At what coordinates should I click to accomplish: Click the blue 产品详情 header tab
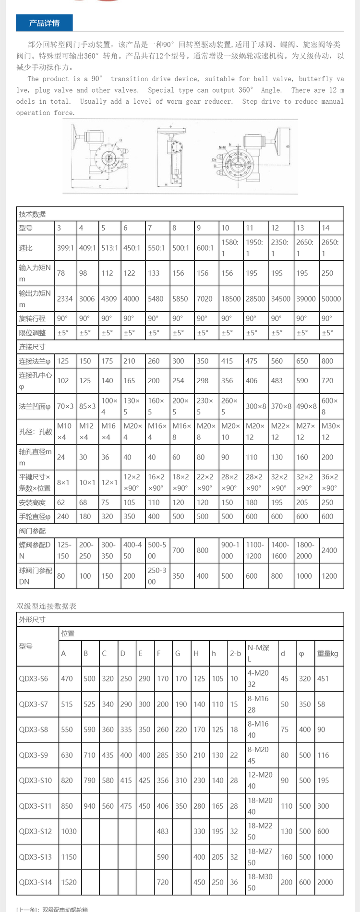coord(44,23)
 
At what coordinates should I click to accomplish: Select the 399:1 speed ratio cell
coord(65,248)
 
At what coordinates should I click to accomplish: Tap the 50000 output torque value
coord(331,299)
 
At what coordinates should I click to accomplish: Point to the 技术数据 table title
coord(33,214)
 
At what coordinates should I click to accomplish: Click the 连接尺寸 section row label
coord(32,347)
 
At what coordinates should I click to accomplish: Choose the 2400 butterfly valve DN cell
coord(329,550)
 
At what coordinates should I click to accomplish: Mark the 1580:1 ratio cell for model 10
coord(230,248)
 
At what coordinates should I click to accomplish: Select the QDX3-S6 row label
coord(34,679)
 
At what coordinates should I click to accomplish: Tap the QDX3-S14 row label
coord(35,882)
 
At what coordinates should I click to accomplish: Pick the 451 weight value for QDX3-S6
coord(323,679)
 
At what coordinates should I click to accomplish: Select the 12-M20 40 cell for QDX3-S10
coord(260,780)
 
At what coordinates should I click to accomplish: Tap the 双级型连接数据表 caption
coord(47,606)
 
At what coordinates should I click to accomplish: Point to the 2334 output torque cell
coord(65,299)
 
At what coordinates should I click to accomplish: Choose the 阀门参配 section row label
coord(32,531)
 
